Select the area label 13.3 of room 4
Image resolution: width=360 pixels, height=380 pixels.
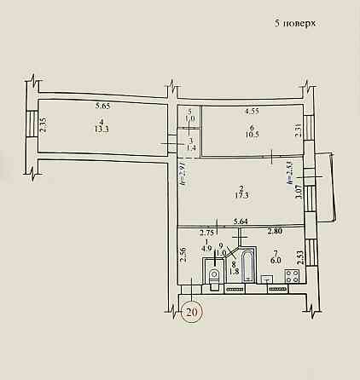100,130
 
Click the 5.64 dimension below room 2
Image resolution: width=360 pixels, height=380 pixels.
241,223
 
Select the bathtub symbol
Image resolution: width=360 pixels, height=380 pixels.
247,266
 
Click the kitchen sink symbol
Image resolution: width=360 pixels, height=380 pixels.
268,279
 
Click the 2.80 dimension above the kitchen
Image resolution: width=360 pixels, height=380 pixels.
276,232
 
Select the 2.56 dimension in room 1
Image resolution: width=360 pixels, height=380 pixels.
183,256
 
